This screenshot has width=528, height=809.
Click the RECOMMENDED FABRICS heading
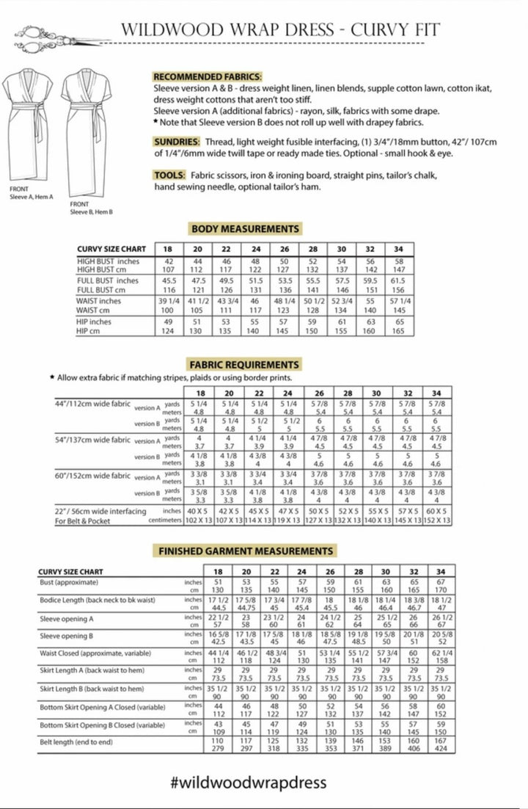coord(207,76)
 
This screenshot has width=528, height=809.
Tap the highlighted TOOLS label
coord(169,175)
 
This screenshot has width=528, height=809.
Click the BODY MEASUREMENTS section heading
coord(245,229)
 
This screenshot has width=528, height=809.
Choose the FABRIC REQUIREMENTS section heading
coord(245,365)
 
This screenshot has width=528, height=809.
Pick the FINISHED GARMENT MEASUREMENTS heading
coord(245,551)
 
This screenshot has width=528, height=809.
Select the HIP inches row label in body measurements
coord(95,322)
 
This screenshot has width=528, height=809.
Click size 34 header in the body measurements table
coord(419,249)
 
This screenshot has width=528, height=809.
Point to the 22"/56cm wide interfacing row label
coord(100,511)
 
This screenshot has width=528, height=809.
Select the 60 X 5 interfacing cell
coord(436,511)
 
